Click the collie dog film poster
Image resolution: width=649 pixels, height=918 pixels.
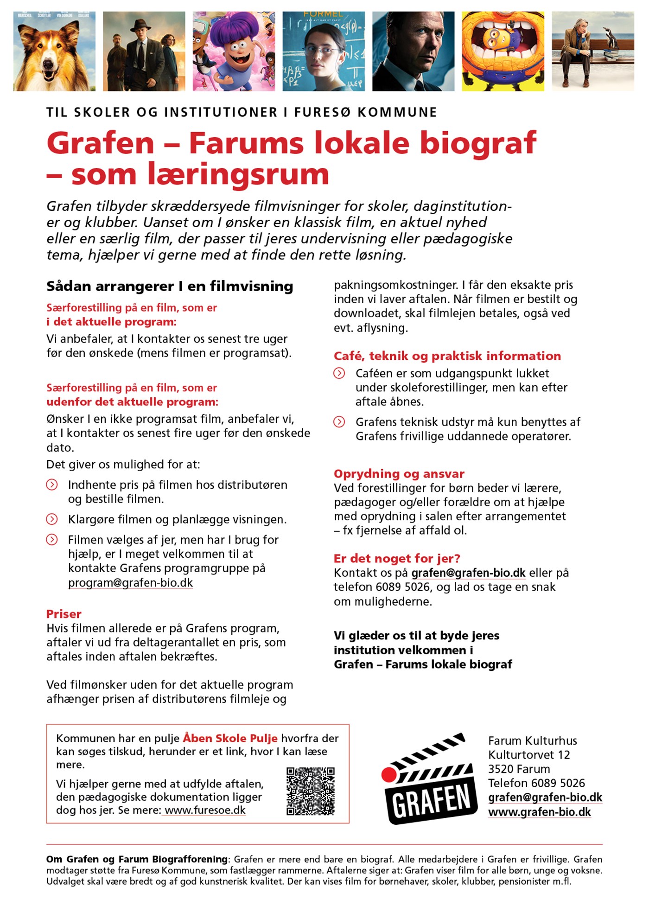tap(54, 51)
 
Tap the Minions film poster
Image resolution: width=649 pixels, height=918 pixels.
tap(503, 51)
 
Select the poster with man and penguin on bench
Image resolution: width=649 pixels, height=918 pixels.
tap(592, 51)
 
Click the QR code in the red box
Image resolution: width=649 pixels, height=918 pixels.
tap(311, 791)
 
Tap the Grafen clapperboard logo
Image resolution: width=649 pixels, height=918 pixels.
tap(429, 779)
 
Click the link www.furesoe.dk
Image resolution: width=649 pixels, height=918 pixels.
tap(205, 810)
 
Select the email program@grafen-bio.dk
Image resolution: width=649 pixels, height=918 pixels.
tap(130, 583)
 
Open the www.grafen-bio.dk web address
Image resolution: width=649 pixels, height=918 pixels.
tap(539, 812)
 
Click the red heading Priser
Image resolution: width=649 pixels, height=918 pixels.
tap(64, 614)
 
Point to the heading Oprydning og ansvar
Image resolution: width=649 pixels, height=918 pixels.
tap(399, 473)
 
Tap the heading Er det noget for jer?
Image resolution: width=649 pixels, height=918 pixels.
tap(397, 558)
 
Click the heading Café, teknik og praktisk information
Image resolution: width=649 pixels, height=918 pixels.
tap(447, 356)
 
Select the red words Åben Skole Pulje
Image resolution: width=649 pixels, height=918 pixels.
tap(230, 738)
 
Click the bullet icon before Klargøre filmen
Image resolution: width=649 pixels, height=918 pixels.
tap(52, 519)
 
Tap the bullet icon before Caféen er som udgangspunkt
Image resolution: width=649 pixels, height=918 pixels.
tap(339, 373)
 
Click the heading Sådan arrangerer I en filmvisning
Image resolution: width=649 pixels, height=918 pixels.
tap(170, 286)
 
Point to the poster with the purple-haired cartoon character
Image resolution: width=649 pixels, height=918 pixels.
tap(234, 51)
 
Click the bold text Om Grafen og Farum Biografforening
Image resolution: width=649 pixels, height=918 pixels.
tap(137, 859)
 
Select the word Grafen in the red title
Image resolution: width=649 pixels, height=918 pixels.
tap(100, 143)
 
